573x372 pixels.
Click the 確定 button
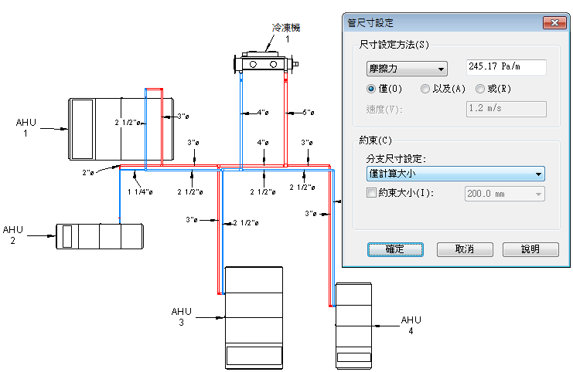pos(394,249)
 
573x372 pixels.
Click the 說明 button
pos(530,249)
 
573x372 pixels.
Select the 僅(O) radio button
pos(372,89)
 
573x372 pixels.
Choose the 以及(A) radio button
pos(425,89)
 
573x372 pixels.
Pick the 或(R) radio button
pos(480,89)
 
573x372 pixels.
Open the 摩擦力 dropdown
pos(407,68)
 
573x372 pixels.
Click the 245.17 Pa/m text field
pos(506,68)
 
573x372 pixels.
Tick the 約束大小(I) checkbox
pos(372,193)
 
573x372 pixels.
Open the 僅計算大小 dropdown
pos(455,174)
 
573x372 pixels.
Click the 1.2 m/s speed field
pos(506,109)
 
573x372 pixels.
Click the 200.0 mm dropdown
pos(503,193)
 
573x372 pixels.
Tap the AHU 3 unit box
pos(253,316)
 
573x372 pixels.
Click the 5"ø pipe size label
pos(307,113)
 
